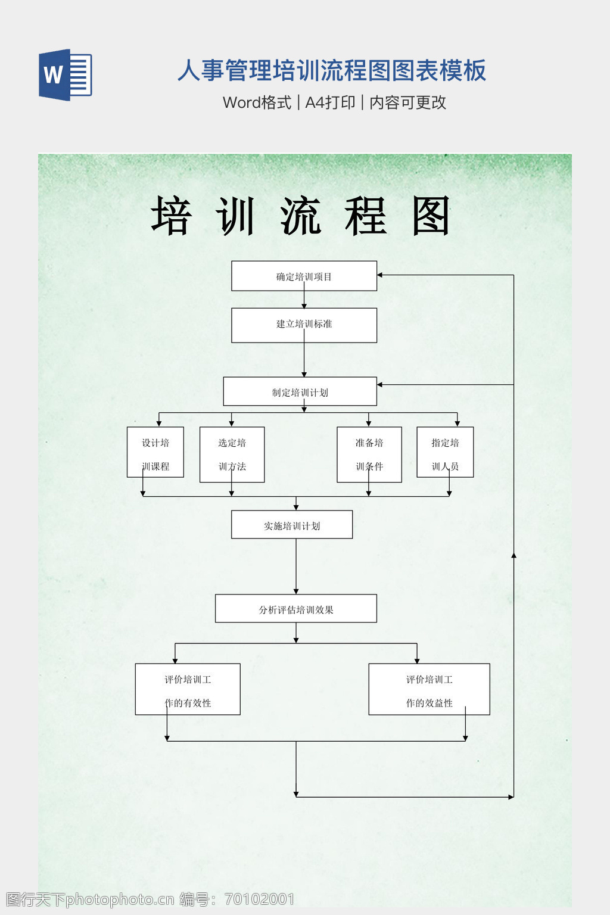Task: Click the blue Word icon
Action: (x=65, y=75)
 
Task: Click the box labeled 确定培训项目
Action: (x=304, y=276)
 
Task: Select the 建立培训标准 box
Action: (x=304, y=325)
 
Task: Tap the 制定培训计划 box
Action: (x=300, y=391)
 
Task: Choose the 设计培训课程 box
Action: (x=155, y=452)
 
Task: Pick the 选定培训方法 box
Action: (x=232, y=454)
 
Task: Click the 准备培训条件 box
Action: (x=369, y=454)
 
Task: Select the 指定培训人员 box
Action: (x=445, y=452)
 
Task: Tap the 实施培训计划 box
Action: (x=292, y=525)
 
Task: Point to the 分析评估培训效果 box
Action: (x=295, y=608)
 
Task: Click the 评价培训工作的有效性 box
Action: (x=188, y=689)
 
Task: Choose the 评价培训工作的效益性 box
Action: (x=429, y=689)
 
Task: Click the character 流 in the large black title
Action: (x=301, y=216)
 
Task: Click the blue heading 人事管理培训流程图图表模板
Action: (x=332, y=70)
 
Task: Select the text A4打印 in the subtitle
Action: (x=330, y=102)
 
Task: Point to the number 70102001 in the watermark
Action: (x=260, y=899)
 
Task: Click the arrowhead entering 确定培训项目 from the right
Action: (x=380, y=275)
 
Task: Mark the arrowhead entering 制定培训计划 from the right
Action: (x=380, y=385)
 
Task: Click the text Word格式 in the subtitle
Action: (x=257, y=102)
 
